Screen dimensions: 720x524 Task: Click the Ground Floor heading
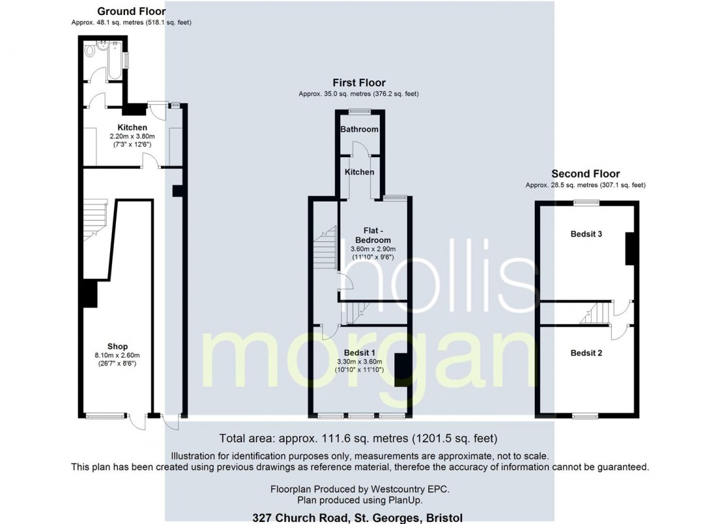(132, 11)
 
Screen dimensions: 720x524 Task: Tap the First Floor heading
(359, 83)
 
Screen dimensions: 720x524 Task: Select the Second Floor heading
(585, 174)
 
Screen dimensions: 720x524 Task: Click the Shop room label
(118, 346)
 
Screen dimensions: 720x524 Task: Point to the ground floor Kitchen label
(132, 127)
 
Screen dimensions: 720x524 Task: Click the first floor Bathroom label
(359, 129)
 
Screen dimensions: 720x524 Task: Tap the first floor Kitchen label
(359, 172)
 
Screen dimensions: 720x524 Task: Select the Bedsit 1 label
(359, 352)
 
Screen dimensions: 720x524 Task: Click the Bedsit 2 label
(586, 353)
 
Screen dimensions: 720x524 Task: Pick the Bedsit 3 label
(586, 234)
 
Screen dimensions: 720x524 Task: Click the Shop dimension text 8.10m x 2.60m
(118, 355)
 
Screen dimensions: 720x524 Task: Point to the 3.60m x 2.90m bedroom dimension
(373, 249)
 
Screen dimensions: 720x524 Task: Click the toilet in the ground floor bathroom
(90, 50)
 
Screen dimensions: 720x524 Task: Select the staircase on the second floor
(596, 312)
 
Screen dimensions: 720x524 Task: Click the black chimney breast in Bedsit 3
(630, 249)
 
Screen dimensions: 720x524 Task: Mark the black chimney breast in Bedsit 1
(401, 370)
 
